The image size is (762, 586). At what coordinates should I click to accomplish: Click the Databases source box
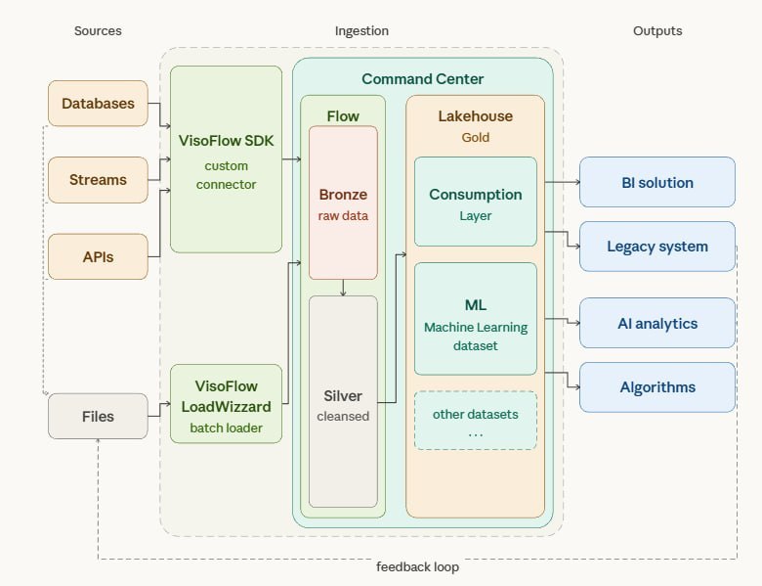(98, 103)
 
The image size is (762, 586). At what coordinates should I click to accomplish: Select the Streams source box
(98, 180)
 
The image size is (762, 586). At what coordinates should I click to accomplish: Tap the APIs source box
(98, 257)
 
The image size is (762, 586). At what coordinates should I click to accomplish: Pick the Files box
(98, 416)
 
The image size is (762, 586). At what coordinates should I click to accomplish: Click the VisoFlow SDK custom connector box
(227, 159)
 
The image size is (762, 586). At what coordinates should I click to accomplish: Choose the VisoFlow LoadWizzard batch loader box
(227, 404)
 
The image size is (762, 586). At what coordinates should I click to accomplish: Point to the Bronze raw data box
(343, 203)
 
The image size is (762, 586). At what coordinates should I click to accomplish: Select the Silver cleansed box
(343, 401)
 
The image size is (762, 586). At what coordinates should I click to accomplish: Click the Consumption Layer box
(476, 202)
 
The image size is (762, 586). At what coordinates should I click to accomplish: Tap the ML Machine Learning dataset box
(476, 319)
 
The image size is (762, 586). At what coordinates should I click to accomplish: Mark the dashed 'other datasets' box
(476, 421)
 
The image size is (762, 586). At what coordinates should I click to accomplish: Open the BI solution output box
(656, 182)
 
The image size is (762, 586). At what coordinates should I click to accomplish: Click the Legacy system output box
(656, 246)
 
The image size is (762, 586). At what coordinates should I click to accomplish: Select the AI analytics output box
(656, 323)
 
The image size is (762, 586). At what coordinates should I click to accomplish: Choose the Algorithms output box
(656, 386)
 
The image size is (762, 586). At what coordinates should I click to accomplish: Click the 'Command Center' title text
(422, 78)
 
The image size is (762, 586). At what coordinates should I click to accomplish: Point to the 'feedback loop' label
(417, 566)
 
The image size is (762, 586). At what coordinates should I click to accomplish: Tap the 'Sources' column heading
(98, 30)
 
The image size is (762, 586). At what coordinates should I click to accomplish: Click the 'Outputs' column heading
(656, 30)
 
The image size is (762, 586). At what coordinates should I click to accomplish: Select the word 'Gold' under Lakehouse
(475, 138)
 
